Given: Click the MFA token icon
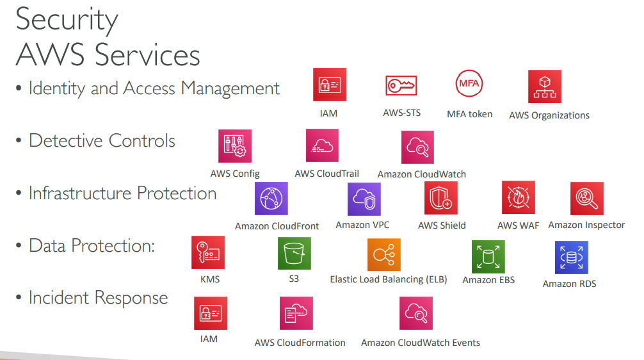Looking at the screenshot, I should (469, 85).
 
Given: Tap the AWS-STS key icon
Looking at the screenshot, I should (401, 85).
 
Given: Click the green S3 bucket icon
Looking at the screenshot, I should (294, 254).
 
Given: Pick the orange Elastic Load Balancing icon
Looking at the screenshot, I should (384, 254).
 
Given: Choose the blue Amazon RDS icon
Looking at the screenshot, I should (571, 258).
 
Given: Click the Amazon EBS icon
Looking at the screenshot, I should (488, 257).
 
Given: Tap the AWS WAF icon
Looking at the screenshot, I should (518, 198).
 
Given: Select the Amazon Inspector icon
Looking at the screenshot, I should (586, 199).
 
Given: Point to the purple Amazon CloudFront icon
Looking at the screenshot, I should (271, 199).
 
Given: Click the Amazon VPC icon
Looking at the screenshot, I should (364, 199).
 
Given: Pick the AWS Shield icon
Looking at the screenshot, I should (441, 198).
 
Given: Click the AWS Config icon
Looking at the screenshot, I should (234, 146).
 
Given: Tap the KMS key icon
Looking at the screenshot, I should (208, 252).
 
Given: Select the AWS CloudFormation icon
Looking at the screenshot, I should (296, 313).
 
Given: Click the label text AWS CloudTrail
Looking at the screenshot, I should (326, 174).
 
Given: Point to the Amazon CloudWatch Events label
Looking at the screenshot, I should (420, 343).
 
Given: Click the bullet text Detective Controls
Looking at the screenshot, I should (102, 141).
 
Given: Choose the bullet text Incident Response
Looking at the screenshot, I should (98, 298).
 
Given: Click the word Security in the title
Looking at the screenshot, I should (67, 20).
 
